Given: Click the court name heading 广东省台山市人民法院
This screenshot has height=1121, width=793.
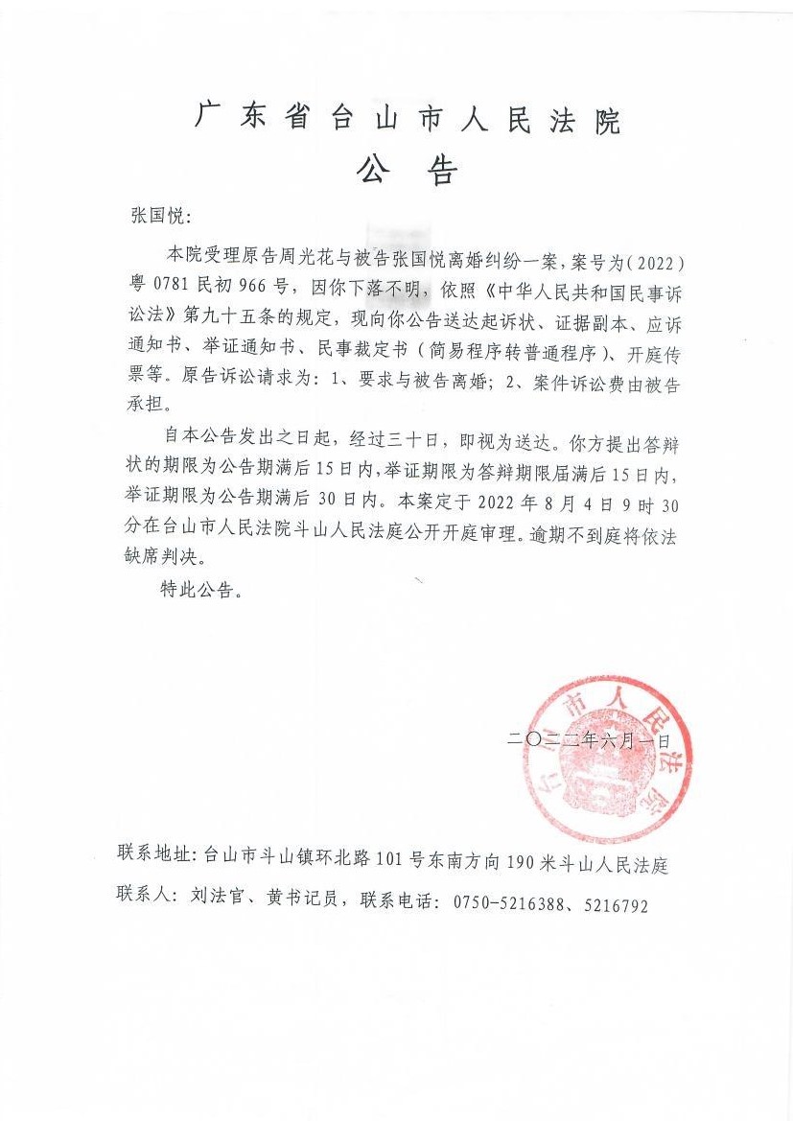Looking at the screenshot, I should pyautogui.click(x=408, y=121).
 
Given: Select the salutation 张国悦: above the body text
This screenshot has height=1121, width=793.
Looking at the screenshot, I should pyautogui.click(x=160, y=215).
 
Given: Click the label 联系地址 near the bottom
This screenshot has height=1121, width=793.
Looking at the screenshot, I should pyautogui.click(x=152, y=852).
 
